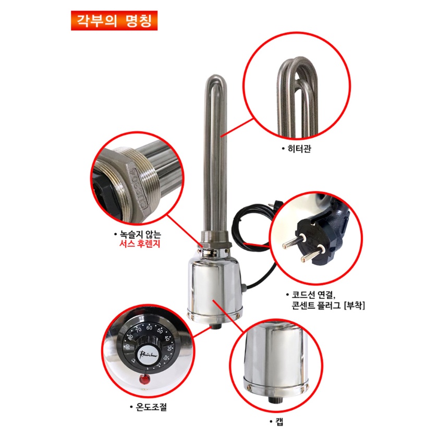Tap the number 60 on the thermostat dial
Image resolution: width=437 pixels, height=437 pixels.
pos(149,327)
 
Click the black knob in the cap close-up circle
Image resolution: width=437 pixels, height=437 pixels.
pos(272,399)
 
